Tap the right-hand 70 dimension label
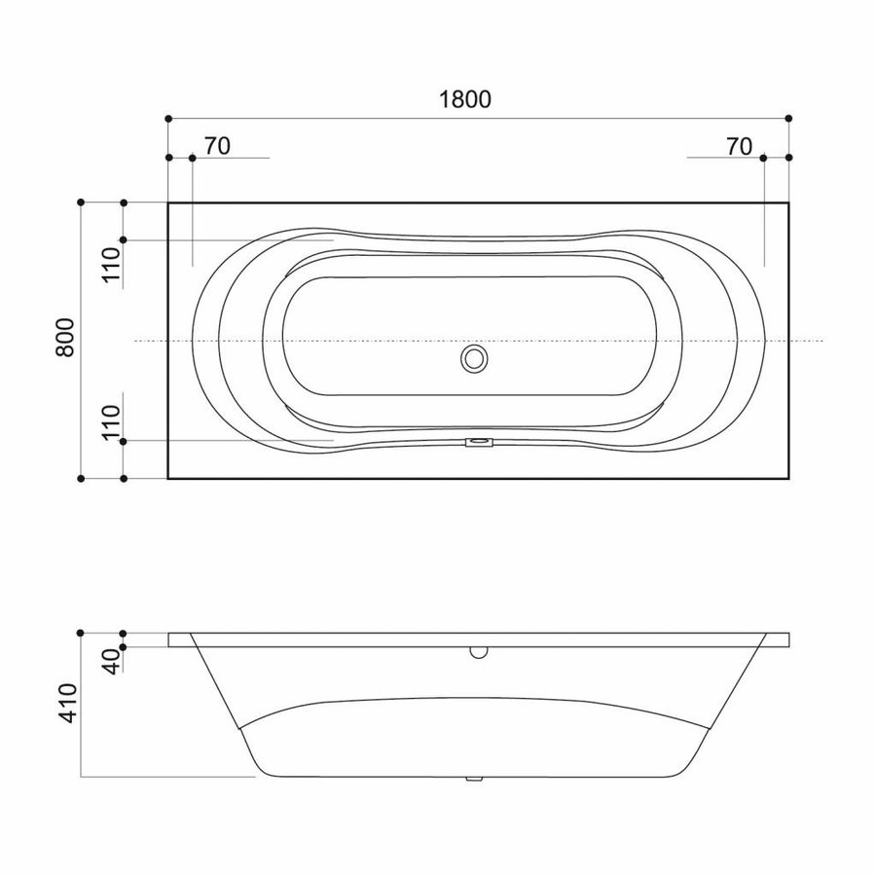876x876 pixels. coord(739,147)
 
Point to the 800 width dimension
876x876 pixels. coord(65,339)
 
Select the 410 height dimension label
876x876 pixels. coord(67,700)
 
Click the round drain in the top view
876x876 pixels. coord(475,359)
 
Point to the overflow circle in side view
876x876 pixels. coord(477,651)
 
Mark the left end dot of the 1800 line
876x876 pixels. coord(168,118)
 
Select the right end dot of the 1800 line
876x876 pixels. coord(788,118)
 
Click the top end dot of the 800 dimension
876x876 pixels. coord(81,202)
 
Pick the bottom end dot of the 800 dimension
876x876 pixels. coord(81,479)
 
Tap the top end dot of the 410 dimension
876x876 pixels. coord(81,633)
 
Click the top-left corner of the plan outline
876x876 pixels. coord(168,202)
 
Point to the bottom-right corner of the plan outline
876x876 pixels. coord(788,479)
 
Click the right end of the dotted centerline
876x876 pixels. coord(822,341)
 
